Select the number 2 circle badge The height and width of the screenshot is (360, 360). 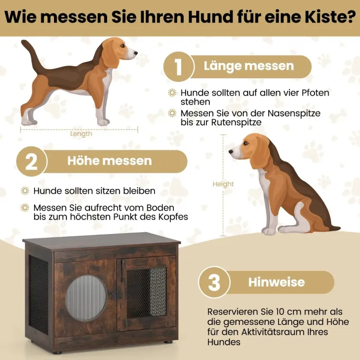tap(31, 162)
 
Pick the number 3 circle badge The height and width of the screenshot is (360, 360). tap(214, 282)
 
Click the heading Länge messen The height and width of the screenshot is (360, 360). tap(249, 66)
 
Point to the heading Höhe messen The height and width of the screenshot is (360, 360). tap(109, 161)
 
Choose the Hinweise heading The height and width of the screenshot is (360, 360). tap(276, 282)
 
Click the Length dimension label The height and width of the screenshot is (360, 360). tap(81, 134)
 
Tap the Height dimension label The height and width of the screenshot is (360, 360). tap(223, 184)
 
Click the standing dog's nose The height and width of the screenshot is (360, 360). tap(136, 53)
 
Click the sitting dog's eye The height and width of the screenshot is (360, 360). tap(246, 143)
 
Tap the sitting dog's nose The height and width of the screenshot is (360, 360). tap(231, 152)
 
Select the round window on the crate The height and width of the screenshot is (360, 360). tap(86, 298)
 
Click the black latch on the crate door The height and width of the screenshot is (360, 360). tap(117, 295)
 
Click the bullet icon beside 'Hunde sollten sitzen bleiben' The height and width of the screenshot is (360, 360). tap(25, 191)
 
